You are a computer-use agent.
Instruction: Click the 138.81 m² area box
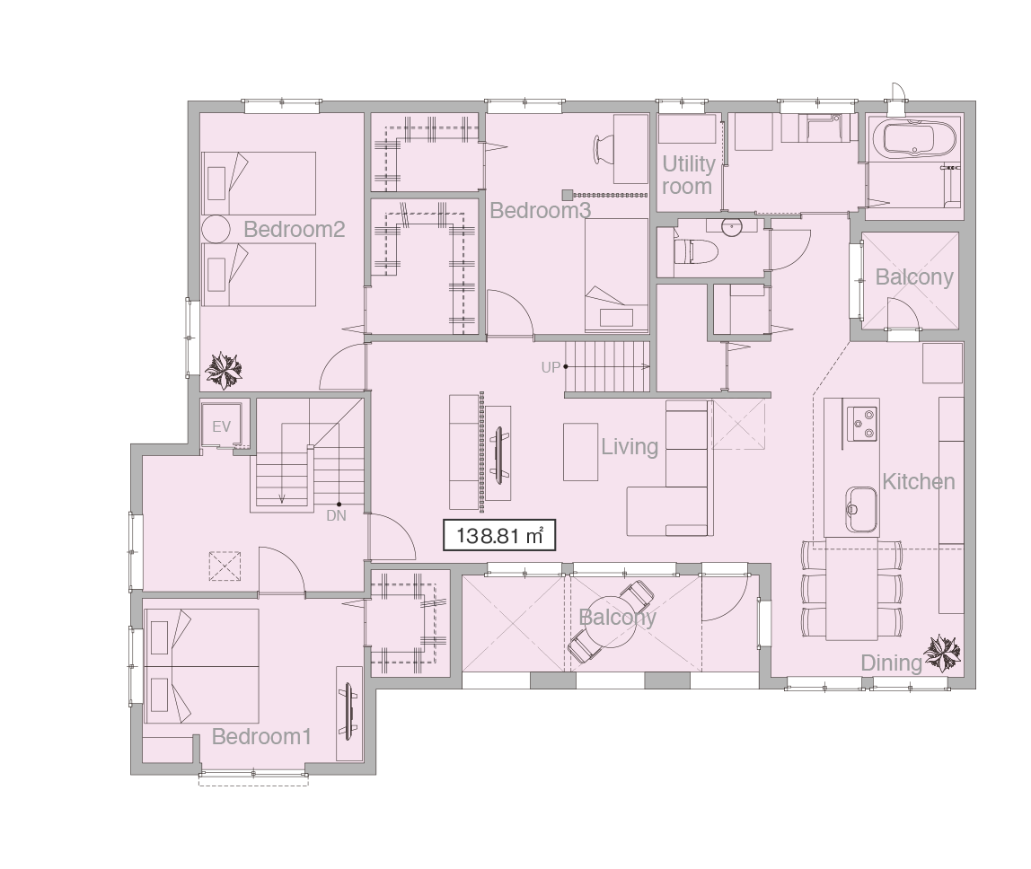499,535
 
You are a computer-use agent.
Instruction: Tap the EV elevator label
222,426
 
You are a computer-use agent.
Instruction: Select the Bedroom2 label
294,230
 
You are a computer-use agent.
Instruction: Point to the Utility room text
688,175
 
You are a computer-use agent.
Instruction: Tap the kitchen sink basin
860,509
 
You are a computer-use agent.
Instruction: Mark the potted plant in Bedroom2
224,371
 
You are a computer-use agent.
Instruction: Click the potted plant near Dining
942,654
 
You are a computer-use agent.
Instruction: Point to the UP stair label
551,367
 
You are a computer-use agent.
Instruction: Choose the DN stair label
336,516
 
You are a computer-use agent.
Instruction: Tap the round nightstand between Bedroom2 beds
216,230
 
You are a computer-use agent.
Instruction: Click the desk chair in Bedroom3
604,149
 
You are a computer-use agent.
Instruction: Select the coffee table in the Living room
580,452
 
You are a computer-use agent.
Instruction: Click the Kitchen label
918,482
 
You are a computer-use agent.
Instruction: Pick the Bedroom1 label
261,736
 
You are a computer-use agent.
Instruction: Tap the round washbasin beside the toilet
732,227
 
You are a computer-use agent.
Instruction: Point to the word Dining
892,663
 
